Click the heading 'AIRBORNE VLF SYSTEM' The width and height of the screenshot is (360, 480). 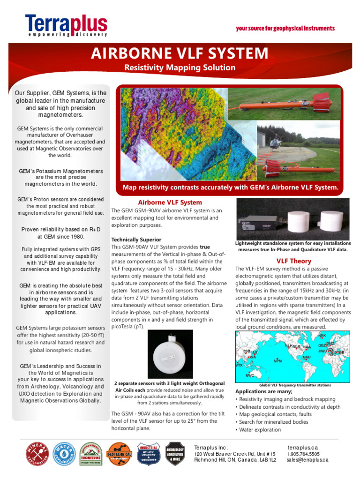click(180, 53)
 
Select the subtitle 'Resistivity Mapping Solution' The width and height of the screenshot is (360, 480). click(180, 67)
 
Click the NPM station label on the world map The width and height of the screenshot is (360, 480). click(278, 361)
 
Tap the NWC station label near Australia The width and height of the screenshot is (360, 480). click(250, 375)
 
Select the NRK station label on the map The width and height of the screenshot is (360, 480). click(322, 336)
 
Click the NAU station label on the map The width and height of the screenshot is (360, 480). click(307, 357)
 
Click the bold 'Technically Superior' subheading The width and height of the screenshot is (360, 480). click(136, 240)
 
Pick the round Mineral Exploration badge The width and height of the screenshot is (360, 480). click(37, 454)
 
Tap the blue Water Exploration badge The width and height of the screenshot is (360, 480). click(64, 454)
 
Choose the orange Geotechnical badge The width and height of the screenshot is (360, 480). click(119, 454)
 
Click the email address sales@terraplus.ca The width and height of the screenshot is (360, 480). click(307, 460)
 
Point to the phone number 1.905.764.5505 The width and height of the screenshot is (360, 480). click(303, 454)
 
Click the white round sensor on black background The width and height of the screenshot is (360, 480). click(171, 354)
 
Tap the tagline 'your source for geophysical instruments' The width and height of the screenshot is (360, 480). click(285, 29)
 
